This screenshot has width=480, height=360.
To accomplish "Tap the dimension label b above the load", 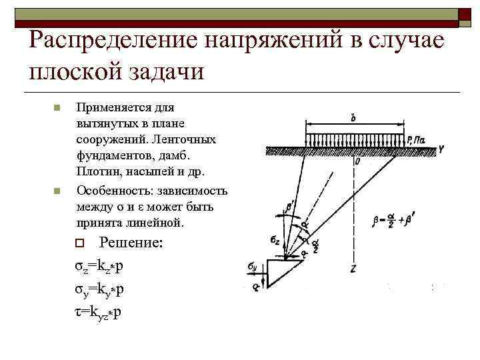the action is (353, 117).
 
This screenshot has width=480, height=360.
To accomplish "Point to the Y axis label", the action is (441, 150).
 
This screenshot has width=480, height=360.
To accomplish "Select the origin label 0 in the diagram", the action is (358, 161).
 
